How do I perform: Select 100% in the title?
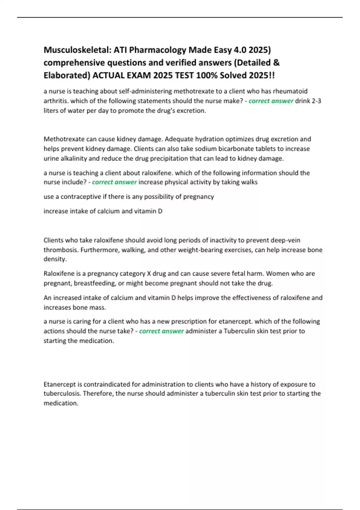point(207,75)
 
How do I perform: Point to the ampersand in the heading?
point(277,62)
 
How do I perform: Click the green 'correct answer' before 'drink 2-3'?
point(271,101)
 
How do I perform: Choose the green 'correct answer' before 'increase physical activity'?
point(114,182)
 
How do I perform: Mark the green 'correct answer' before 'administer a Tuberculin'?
point(161,331)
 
